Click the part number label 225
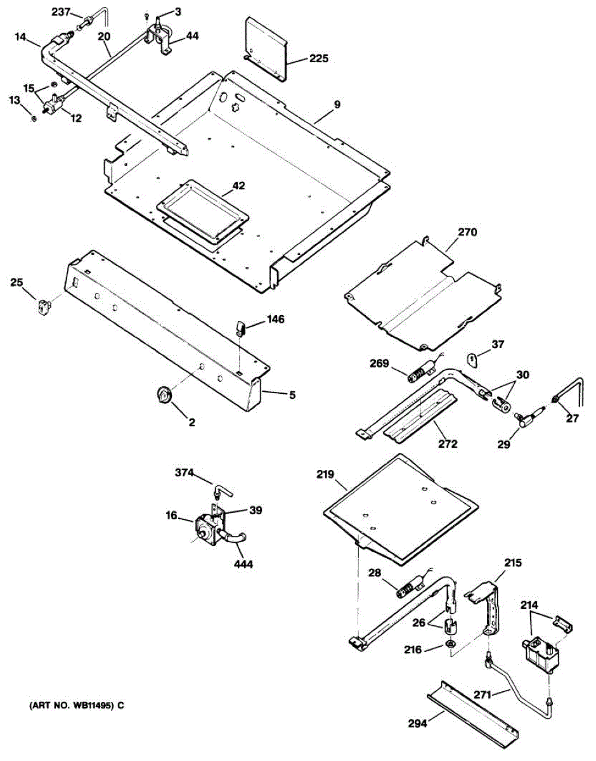[x=319, y=59]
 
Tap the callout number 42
[x=238, y=186]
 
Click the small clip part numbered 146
[x=242, y=327]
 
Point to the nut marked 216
[x=448, y=645]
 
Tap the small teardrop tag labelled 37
[x=473, y=360]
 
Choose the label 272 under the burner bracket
[x=447, y=444]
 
